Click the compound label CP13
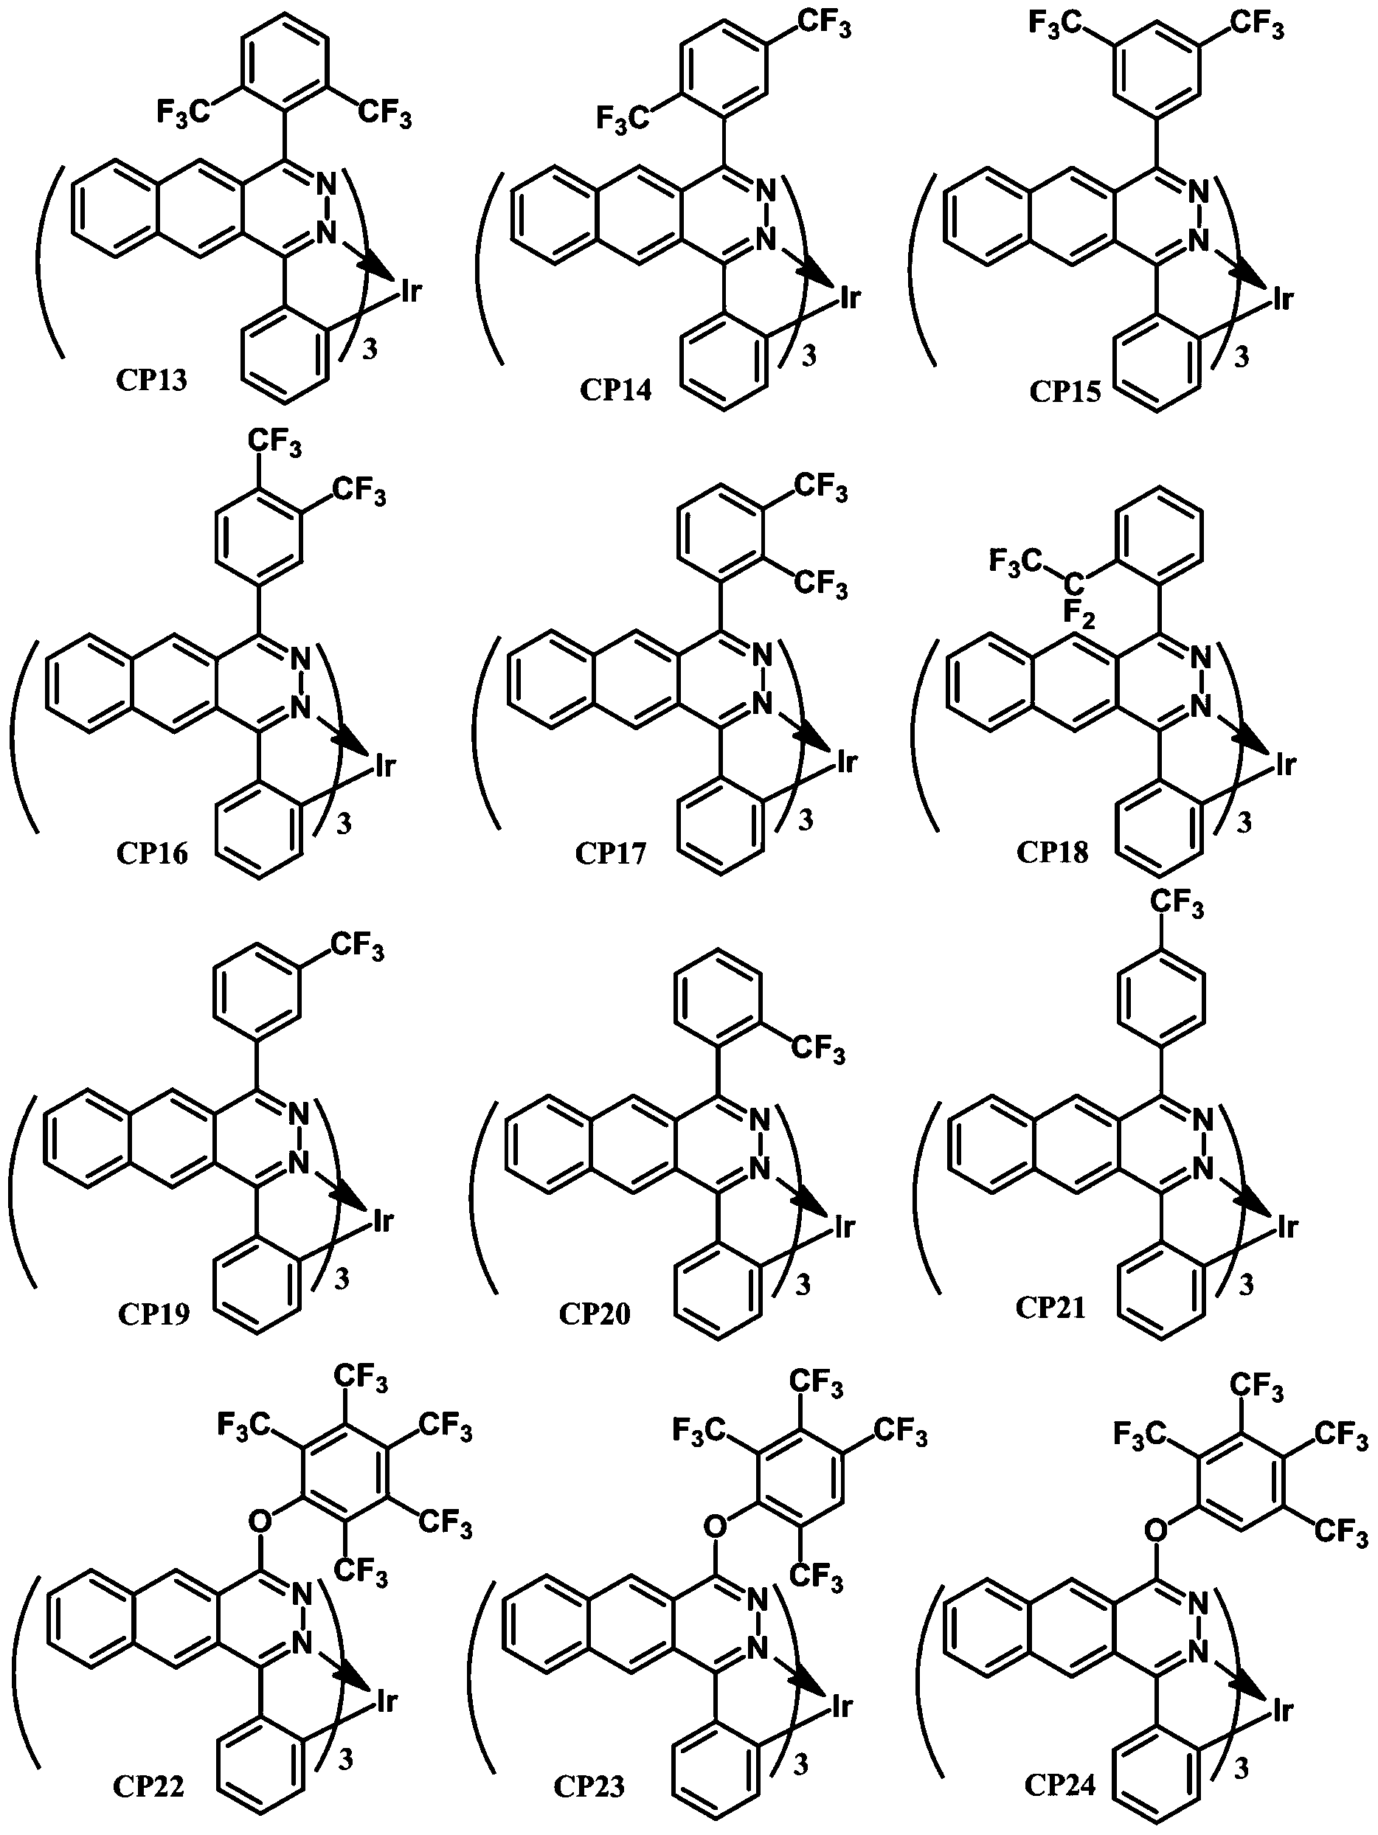point(151,380)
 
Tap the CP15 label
point(1065,391)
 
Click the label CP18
point(1052,852)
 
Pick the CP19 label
point(153,1314)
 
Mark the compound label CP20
point(594,1314)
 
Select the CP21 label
point(1050,1308)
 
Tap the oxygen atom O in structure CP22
point(260,1520)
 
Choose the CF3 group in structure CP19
point(358,947)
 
